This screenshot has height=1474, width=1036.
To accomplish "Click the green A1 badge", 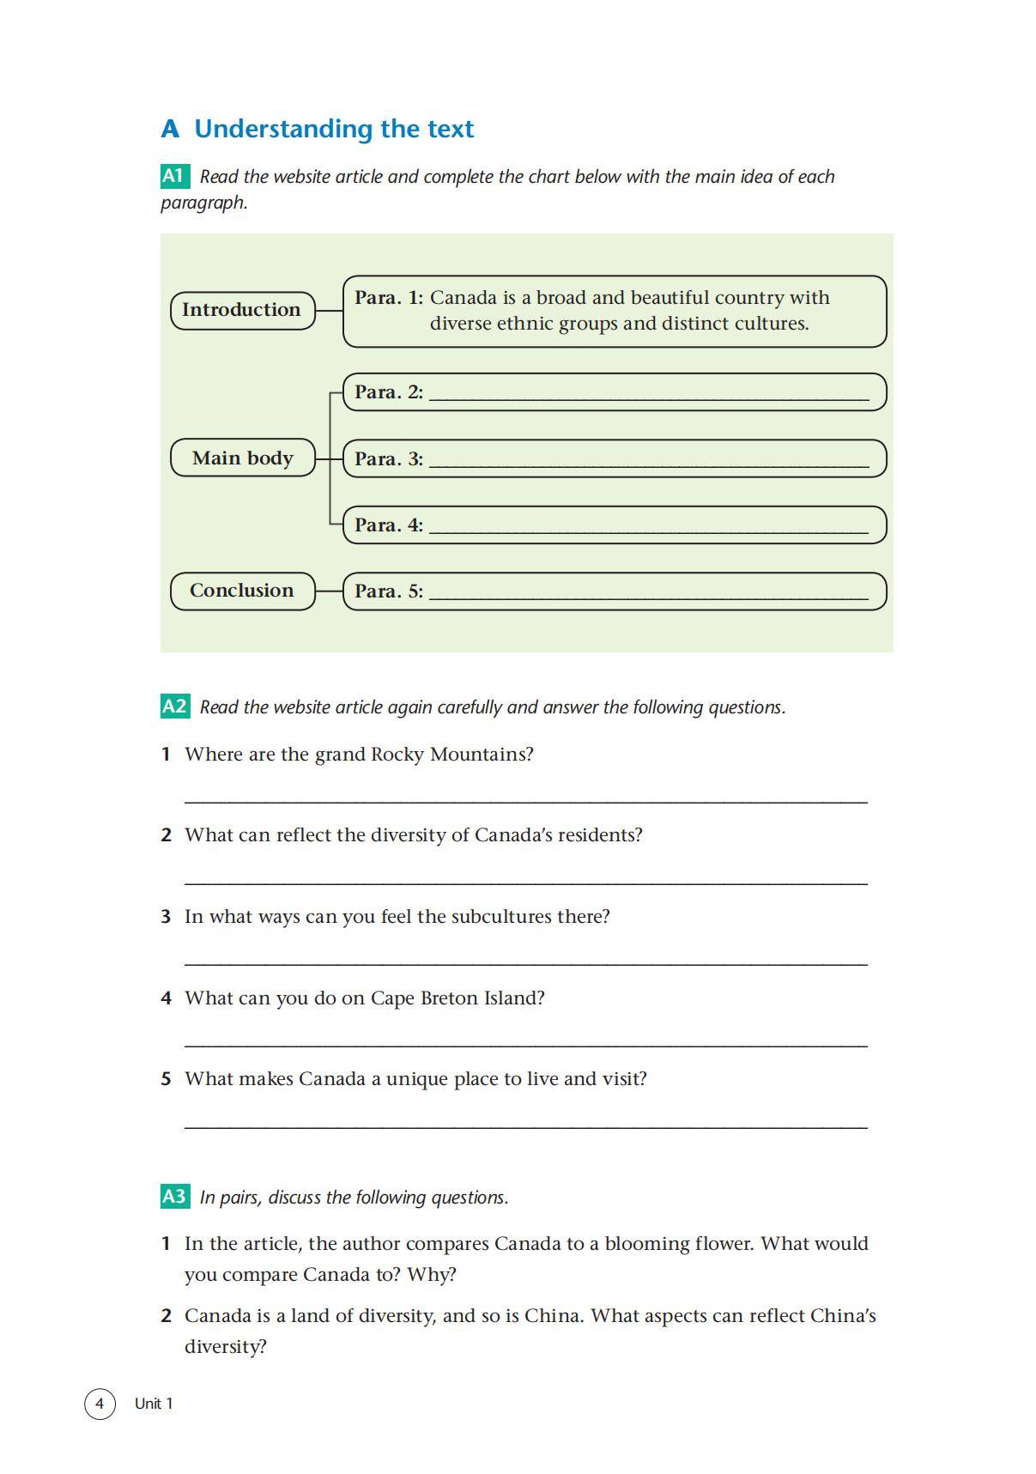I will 174,176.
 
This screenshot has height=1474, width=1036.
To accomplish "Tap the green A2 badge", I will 174,707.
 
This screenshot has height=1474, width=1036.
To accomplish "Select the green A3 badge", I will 174,1196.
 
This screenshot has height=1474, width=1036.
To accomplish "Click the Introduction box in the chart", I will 242,310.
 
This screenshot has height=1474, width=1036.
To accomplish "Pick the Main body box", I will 242,458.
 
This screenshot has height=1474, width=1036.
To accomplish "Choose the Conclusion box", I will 242,591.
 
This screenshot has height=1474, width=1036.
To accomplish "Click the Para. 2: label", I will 388,392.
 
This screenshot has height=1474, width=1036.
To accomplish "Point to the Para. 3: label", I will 388,458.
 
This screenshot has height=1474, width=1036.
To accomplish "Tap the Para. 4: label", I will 388,525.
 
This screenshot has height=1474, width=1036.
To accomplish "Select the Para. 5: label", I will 388,591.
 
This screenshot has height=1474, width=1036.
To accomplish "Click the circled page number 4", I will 100,1404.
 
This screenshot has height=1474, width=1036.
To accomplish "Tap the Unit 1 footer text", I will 154,1404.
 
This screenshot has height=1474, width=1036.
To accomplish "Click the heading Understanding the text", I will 333,129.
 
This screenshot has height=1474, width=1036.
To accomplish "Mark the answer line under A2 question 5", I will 525,1126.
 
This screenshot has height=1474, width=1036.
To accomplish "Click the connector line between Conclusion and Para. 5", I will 329,591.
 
